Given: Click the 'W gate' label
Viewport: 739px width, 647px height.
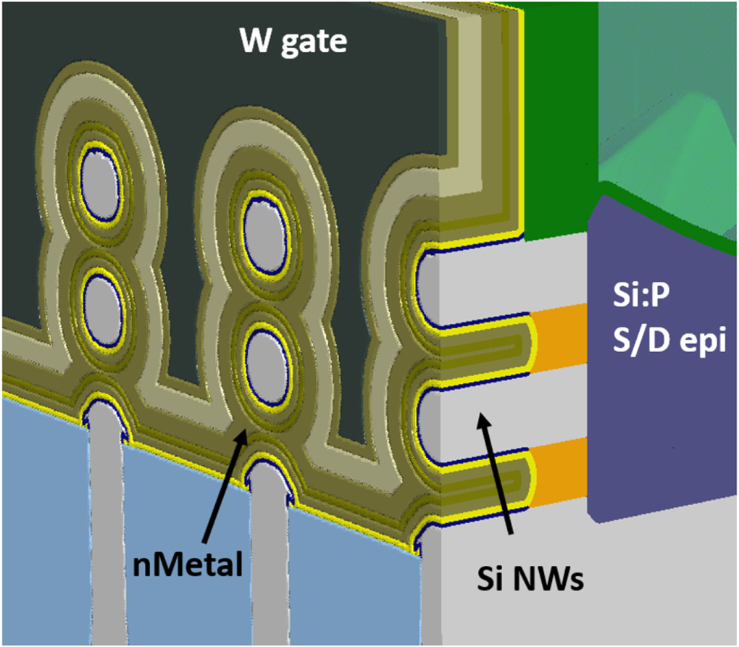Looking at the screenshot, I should pos(293,41).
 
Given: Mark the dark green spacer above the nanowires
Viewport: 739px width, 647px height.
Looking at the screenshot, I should pos(558,123).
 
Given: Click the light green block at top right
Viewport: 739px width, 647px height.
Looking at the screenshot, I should pos(667,109).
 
